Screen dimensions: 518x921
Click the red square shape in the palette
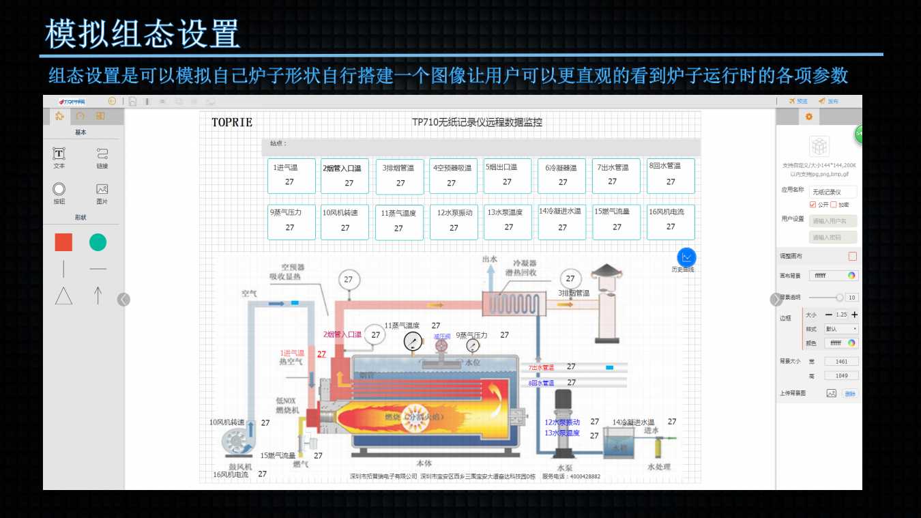coord(63,242)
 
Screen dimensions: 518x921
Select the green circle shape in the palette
coord(98,242)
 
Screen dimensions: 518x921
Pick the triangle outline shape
coord(63,296)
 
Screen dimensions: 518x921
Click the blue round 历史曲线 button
coord(686,257)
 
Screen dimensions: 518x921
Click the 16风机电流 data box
coord(671,222)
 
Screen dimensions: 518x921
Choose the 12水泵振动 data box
coord(454,222)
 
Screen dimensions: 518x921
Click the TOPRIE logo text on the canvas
coord(232,123)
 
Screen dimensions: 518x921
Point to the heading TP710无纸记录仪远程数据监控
coord(477,123)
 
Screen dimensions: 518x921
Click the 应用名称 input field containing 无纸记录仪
coord(833,192)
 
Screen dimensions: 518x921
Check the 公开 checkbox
coord(813,205)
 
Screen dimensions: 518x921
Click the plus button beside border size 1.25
coord(855,315)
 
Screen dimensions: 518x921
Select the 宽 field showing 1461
coord(841,362)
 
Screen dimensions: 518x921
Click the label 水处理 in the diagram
coord(658,467)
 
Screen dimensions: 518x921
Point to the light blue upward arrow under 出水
coord(489,278)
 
